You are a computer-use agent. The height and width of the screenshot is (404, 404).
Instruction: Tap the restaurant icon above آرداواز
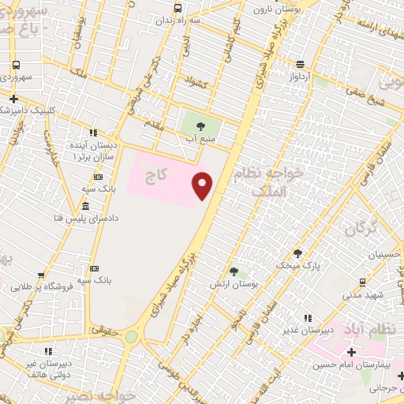[x=299, y=65]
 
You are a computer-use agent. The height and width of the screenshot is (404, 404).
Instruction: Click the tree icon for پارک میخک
[x=297, y=253]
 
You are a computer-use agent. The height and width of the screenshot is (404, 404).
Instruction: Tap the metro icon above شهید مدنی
[x=362, y=282]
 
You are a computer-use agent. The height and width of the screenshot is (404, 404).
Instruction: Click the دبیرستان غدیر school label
[x=309, y=329]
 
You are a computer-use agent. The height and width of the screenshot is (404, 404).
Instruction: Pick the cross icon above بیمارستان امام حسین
[x=350, y=352]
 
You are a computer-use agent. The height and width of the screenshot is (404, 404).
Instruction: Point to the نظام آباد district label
[x=372, y=327]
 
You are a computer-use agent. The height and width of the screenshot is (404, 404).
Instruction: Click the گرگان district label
[x=361, y=230]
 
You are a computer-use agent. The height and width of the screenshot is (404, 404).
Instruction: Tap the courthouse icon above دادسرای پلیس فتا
[x=85, y=206]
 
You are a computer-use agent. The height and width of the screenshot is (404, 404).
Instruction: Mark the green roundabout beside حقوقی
[x=131, y=337]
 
